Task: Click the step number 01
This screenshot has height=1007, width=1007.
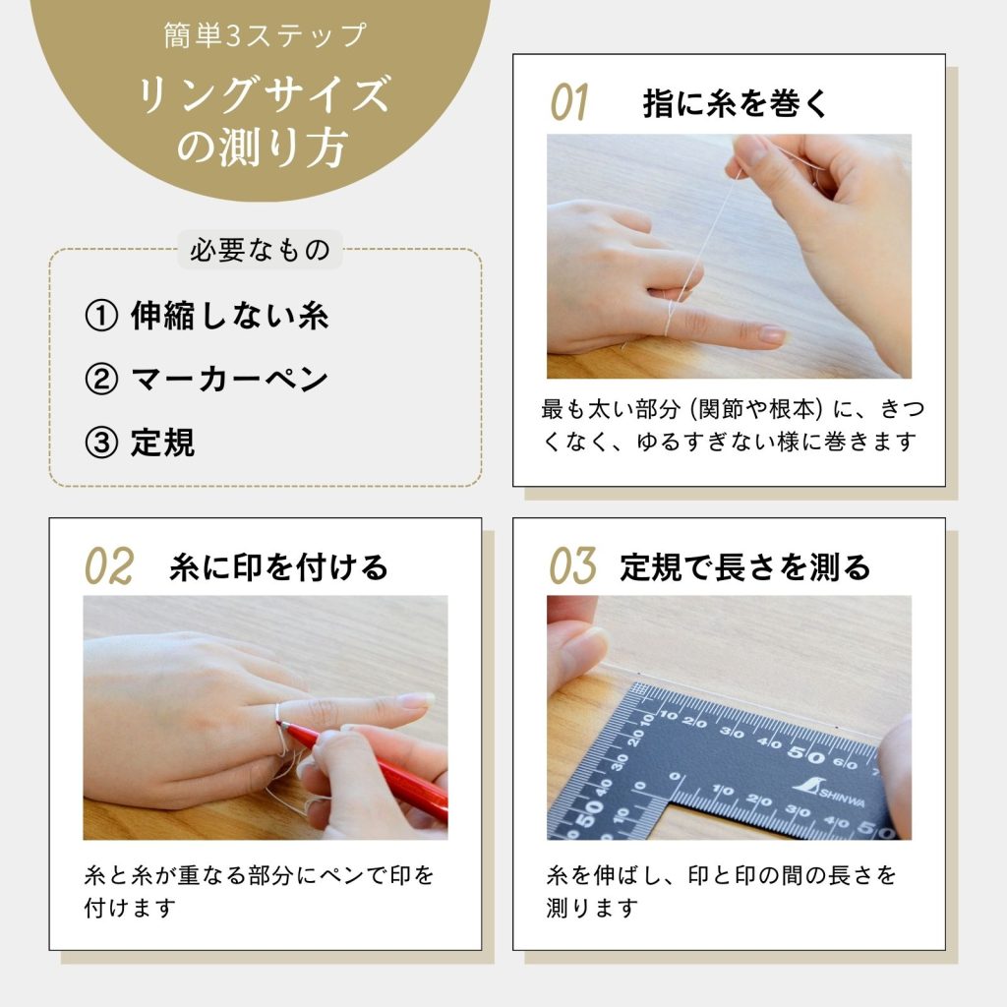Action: tap(568, 102)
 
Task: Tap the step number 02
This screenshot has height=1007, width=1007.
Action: tap(108, 566)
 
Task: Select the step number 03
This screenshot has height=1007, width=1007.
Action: tap(572, 566)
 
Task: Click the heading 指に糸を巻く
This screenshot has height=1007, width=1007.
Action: tap(737, 103)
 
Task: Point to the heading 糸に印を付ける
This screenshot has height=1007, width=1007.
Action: tap(278, 567)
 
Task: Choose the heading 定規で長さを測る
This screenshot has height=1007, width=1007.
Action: tap(744, 567)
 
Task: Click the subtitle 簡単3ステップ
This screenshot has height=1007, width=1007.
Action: tap(265, 36)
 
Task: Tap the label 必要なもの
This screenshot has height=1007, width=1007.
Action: tap(261, 250)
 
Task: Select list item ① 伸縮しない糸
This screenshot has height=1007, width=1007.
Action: tap(207, 316)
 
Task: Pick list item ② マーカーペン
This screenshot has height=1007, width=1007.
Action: tap(207, 380)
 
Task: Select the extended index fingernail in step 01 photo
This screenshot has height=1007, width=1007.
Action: tap(772, 335)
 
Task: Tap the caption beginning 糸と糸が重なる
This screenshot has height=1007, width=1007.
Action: tap(260, 890)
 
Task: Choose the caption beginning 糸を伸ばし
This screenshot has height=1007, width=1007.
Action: tap(723, 890)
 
